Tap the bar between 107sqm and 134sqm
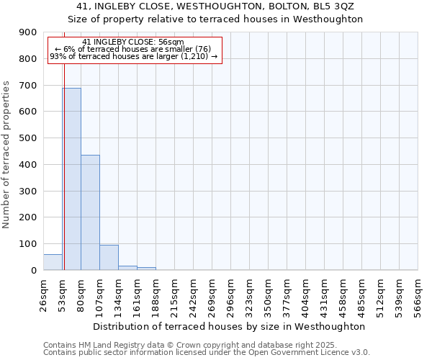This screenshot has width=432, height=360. [x=109, y=257]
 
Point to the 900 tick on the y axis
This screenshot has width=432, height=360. [x=28, y=32]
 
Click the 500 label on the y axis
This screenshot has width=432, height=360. [x=28, y=138]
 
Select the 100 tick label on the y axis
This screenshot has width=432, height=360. [x=28, y=244]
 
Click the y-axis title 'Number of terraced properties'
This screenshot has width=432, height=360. [x=6, y=154]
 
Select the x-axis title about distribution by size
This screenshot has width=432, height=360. [x=229, y=326]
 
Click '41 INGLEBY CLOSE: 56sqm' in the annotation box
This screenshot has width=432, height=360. [x=133, y=42]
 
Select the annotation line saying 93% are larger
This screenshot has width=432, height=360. [x=133, y=56]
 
